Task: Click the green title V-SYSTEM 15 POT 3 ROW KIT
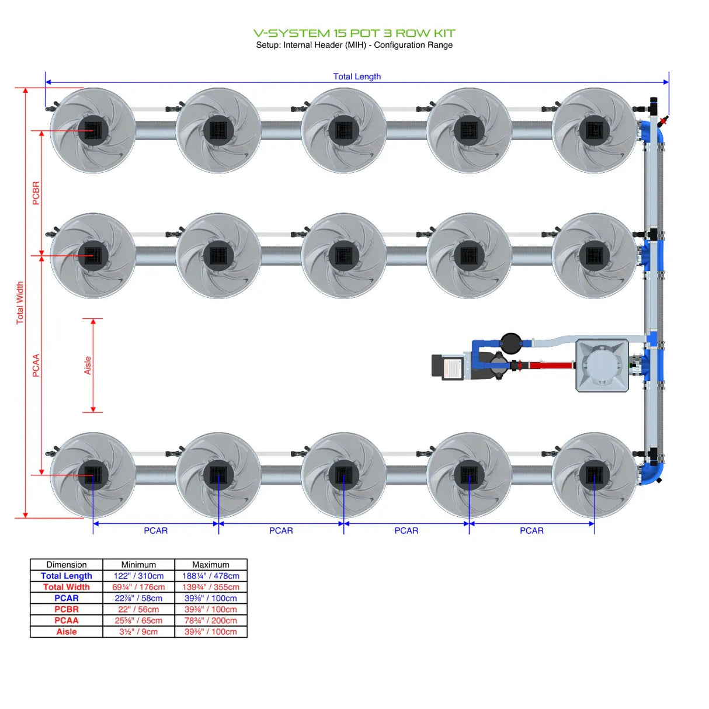[354, 33]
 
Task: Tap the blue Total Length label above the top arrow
[357, 77]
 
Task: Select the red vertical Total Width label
[20, 303]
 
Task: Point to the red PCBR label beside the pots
[36, 193]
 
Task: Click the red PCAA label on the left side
[36, 365]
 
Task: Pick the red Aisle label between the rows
[88, 365]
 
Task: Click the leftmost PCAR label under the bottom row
[155, 530]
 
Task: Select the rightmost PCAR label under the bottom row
[531, 530]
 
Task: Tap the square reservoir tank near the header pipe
[602, 366]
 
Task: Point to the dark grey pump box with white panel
[447, 367]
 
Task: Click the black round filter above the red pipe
[510, 343]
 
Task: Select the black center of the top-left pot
[93, 130]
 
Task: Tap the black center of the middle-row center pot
[343, 255]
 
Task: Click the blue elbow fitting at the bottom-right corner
[652, 471]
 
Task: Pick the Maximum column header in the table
[211, 565]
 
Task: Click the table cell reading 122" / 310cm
[138, 576]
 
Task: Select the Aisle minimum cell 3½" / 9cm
[138, 631]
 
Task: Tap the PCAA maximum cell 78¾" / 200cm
[211, 620]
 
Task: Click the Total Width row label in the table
[67, 587]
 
